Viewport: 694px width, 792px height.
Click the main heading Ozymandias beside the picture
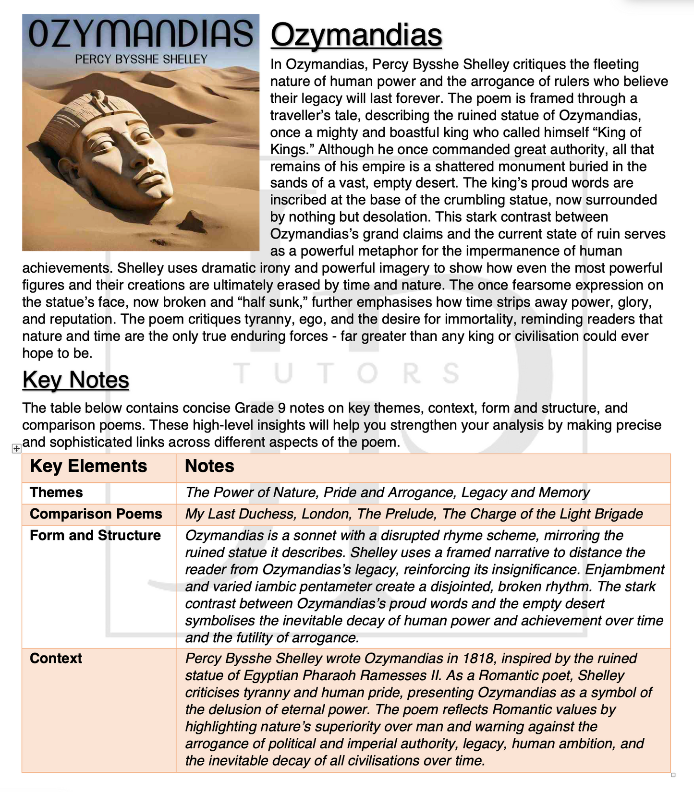(356, 35)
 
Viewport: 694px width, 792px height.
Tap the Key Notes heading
(75, 380)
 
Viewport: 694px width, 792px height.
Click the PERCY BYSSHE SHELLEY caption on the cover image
(141, 59)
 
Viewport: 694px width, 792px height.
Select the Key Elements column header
(88, 466)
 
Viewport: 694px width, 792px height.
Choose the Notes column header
(209, 466)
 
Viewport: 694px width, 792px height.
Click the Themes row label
(56, 492)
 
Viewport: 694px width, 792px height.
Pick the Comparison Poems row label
(96, 514)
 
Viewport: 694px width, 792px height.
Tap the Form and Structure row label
(95, 535)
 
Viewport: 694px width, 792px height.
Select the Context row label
(56, 658)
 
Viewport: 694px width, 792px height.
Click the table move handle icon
(16, 448)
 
